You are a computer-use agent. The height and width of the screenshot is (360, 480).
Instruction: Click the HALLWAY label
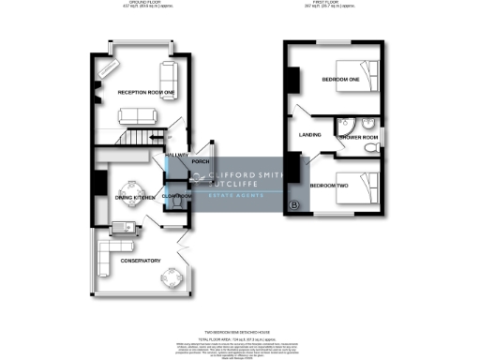[176, 155]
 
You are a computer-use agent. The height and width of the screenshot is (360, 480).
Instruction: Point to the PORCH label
[200, 162]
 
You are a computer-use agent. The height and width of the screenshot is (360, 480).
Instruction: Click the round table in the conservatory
[172, 277]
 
